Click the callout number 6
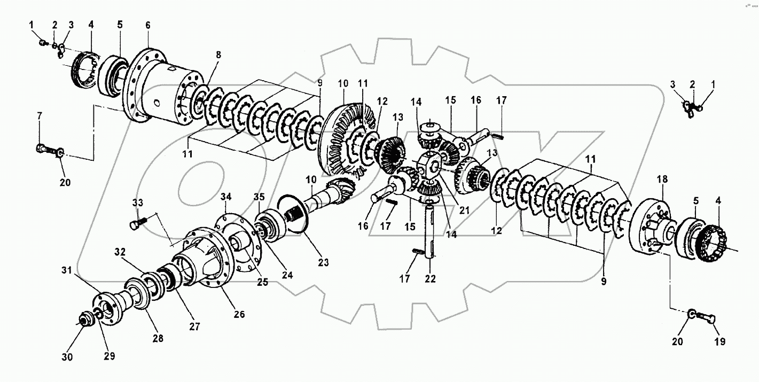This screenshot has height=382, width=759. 147,25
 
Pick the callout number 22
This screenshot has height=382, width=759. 431,278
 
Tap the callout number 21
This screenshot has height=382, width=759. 464,210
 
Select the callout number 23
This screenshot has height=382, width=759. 324,262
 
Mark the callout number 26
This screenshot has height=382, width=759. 239,315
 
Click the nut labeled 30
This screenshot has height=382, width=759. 84,321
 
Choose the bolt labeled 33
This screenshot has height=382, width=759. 137,224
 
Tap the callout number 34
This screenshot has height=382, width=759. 227,197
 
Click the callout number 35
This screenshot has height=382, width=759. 259,197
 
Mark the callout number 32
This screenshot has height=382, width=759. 120,251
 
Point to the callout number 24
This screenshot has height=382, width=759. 288,276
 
